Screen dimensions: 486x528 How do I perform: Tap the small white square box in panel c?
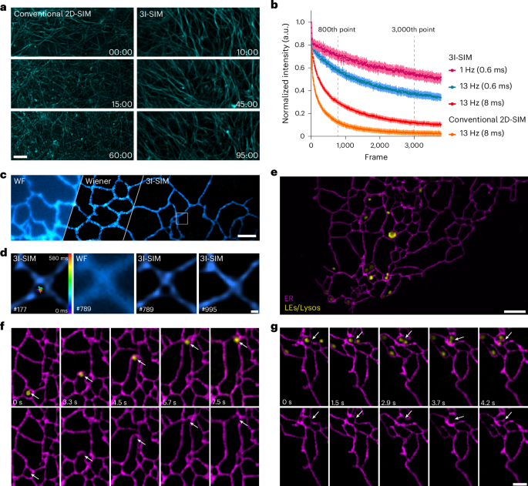pyautogui.click(x=182, y=219)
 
